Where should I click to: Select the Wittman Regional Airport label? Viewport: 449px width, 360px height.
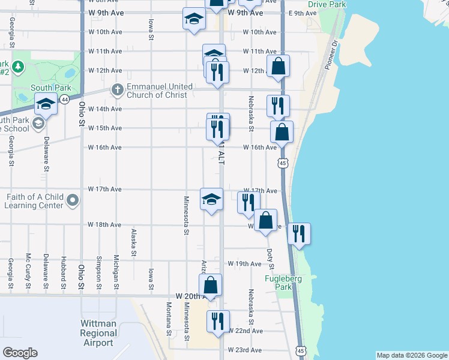tap(98, 333)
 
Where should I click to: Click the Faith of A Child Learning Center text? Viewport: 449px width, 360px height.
tap(35, 200)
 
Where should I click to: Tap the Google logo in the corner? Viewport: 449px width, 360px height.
tap(20, 353)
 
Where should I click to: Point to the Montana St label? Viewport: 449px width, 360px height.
tap(169, 318)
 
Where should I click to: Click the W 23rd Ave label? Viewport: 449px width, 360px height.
tap(245, 350)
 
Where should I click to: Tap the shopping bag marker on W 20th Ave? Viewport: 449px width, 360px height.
tap(210, 285)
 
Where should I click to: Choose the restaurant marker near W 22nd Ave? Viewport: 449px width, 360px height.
tap(217, 321)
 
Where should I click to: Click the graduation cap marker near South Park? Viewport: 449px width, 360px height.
tap(46, 104)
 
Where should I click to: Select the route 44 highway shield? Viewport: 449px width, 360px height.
tap(64, 98)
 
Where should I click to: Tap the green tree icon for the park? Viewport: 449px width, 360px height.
tap(18, 65)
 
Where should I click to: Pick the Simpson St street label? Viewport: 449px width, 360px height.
tap(98, 273)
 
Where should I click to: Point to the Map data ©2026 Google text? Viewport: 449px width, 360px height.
tap(411, 355)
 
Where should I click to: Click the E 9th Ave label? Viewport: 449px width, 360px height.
tap(302, 13)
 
